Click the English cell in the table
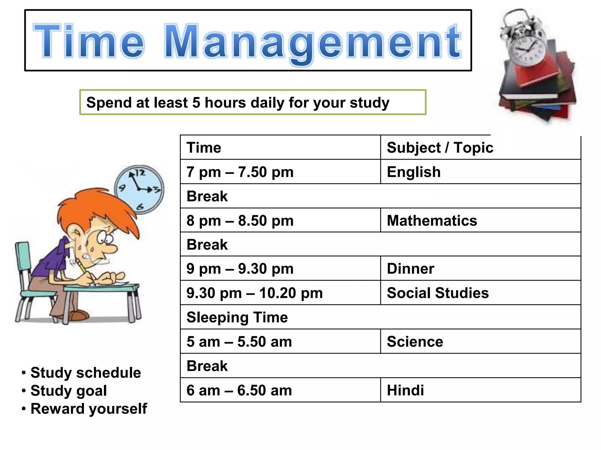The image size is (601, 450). coord(413,172)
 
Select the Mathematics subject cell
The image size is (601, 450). coord(432,221)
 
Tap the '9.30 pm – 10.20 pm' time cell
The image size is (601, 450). coord(254,293)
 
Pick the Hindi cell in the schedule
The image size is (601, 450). coord(405,390)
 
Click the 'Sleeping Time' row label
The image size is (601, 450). coord(237,317)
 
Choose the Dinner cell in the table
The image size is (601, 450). coord(410,269)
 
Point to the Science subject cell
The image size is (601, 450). coord(415,342)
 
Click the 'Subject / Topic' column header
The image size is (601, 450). coord(440,147)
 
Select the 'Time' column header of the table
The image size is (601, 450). coord(204,147)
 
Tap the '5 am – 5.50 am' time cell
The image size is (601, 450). coord(239,342)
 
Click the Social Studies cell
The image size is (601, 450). coord(438,293)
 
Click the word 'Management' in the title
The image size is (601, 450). coord(313,42)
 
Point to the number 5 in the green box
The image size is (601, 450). coord(196,103)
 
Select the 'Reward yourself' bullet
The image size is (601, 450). coord(89,409)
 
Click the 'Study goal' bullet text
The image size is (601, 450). coord(69,391)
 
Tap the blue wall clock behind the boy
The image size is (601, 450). coord(140,189)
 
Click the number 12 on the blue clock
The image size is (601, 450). coord(140,173)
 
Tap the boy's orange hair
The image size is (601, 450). coord(97,205)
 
